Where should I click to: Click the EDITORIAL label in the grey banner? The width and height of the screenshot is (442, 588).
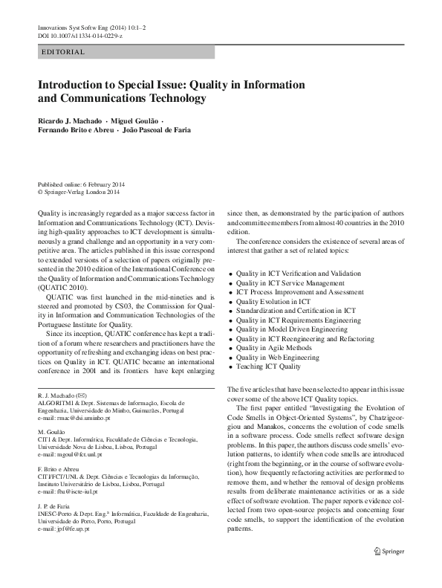(x=64, y=52)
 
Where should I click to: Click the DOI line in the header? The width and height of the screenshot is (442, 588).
(x=80, y=36)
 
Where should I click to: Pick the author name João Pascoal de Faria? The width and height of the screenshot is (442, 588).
(x=156, y=130)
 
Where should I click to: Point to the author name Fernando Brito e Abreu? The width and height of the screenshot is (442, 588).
(x=74, y=130)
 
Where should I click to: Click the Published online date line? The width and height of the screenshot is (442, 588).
(x=81, y=184)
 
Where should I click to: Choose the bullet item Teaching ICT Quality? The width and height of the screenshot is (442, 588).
(x=268, y=366)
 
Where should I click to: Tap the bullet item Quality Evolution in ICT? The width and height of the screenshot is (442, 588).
(x=273, y=302)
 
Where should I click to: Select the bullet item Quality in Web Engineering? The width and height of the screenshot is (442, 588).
(x=277, y=358)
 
